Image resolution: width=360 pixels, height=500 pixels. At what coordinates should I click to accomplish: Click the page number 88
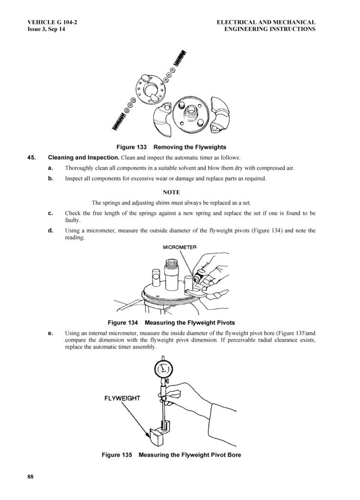point(30,477)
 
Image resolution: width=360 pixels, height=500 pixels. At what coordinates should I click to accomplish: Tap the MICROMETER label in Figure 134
point(180,247)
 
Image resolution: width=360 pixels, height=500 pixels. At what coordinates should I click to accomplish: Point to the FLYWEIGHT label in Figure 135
point(122,398)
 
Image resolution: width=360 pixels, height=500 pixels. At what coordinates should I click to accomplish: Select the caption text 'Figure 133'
point(131,147)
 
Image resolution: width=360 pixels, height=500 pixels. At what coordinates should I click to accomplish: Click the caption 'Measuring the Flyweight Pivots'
point(190,323)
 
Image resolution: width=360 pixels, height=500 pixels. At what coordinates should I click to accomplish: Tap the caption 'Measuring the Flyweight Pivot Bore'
point(190,455)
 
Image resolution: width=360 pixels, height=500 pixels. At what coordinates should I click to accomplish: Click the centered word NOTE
point(171,192)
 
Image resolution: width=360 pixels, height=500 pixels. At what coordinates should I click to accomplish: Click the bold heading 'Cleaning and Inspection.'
point(84,158)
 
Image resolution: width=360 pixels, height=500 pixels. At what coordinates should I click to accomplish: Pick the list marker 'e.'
point(50,333)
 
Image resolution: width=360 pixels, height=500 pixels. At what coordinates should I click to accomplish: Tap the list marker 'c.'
point(50,213)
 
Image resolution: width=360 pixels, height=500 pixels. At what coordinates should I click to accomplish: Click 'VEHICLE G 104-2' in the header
point(52,22)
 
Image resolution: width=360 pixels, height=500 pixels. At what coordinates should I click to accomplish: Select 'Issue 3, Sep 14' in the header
point(46,29)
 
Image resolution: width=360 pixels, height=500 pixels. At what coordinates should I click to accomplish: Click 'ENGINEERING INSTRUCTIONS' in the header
point(270,29)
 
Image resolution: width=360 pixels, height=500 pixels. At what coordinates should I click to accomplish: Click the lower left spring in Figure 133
point(118,121)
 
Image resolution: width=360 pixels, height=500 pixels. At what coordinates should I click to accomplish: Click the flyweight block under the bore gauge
point(157,434)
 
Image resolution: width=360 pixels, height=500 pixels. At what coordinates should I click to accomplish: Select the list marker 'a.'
point(50,168)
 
